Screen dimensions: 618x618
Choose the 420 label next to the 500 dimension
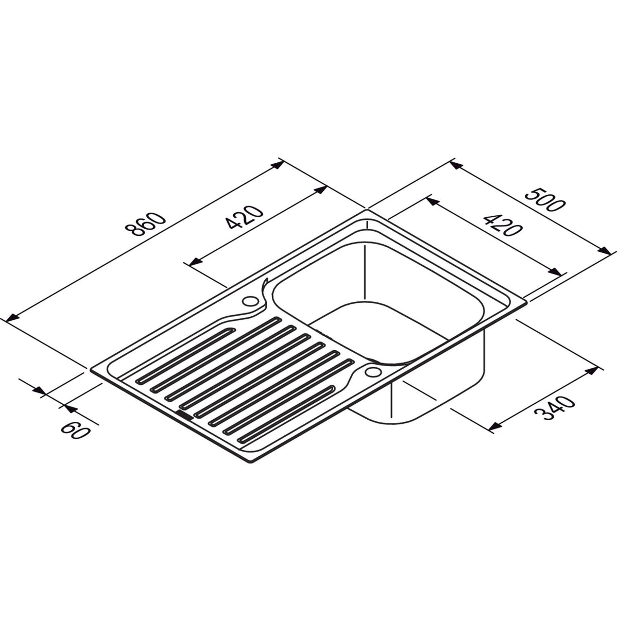click(500, 224)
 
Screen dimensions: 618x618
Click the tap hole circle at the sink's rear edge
click(251, 300)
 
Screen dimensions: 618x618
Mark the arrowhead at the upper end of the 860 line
click(278, 165)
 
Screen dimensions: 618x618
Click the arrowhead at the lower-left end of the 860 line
click(11, 318)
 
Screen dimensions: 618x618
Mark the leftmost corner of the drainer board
click(92, 369)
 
